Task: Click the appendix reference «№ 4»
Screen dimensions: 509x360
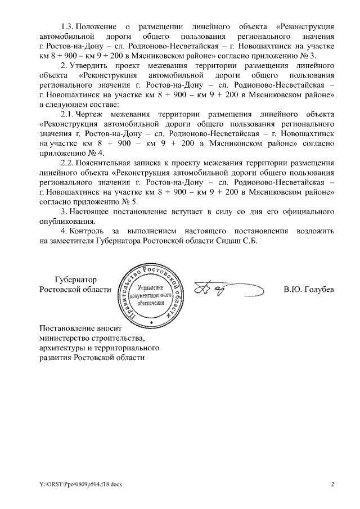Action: point(97,153)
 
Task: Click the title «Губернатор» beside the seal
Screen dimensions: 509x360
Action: point(76,280)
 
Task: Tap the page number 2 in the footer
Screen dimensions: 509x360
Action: point(332,484)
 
